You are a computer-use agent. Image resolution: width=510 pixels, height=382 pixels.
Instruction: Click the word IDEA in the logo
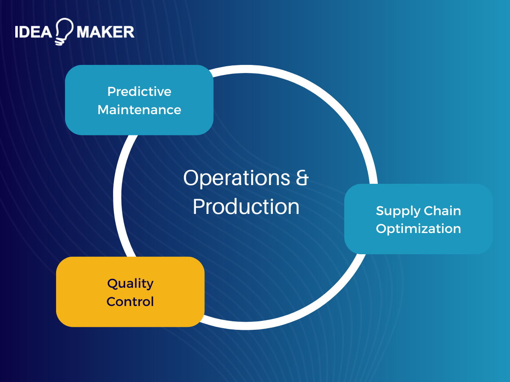[x=33, y=32]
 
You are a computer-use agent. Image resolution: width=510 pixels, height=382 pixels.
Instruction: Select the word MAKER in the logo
[x=105, y=32]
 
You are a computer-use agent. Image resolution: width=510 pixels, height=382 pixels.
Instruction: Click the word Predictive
[x=139, y=92]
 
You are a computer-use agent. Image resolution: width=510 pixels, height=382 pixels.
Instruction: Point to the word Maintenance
[x=139, y=110]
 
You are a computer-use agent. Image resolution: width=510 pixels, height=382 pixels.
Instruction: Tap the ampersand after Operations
[x=301, y=178]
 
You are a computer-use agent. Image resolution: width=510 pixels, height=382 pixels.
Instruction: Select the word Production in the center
[x=246, y=207]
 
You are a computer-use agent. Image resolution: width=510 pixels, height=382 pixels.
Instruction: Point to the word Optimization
[x=418, y=229]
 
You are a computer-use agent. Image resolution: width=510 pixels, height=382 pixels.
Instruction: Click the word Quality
[x=130, y=284]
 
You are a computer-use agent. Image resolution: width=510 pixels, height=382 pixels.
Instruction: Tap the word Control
[x=130, y=302]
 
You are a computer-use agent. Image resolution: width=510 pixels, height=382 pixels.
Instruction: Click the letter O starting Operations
[x=191, y=178]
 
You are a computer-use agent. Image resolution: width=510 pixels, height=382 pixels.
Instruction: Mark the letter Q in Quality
[x=112, y=284]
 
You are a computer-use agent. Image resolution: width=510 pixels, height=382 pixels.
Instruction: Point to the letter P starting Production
[x=198, y=207]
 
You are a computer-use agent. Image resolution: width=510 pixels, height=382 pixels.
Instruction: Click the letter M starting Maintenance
[x=103, y=110]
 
